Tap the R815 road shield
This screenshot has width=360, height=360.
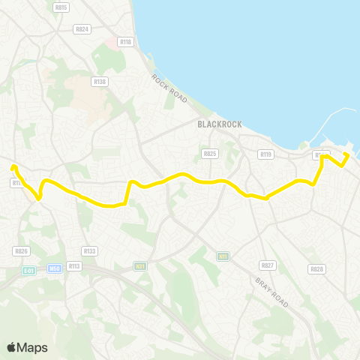61,7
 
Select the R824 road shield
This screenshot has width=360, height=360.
82,29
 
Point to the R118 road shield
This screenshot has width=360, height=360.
124,43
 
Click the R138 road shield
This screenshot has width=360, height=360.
99,80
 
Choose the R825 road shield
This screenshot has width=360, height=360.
209,153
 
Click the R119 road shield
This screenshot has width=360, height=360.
265,154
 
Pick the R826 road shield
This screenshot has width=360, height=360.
21,251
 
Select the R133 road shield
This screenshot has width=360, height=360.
90,250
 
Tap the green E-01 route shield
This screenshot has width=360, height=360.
28,270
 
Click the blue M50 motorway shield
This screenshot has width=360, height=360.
53,268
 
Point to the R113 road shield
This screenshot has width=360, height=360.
73,265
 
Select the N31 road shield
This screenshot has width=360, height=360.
140,265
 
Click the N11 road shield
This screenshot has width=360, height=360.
223,256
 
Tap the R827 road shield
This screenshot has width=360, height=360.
267,265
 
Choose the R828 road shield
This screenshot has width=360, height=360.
316,268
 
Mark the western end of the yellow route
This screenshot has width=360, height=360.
13,167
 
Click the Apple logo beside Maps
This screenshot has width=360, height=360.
11,347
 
